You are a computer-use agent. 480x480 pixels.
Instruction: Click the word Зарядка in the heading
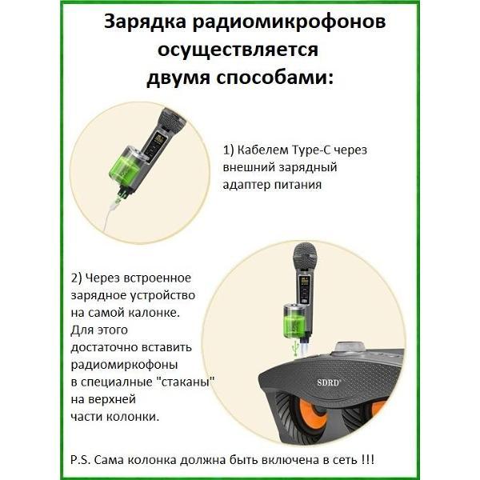[145, 22]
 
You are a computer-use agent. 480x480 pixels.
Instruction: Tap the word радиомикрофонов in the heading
[290, 22]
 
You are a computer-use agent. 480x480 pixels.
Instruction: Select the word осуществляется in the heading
[238, 50]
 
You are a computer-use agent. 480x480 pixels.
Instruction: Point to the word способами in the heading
[275, 78]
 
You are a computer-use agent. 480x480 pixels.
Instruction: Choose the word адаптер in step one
[246, 186]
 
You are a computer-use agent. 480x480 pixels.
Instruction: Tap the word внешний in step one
[248, 167]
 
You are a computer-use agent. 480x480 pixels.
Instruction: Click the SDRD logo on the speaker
[328, 382]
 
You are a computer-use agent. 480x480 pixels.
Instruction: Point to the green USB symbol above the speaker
[296, 348]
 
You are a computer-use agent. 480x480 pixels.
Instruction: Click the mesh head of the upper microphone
[172, 119]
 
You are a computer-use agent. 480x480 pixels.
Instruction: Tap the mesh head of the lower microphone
[305, 254]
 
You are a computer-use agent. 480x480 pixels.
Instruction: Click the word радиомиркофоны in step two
[125, 366]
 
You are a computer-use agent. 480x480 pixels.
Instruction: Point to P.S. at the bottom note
[81, 460]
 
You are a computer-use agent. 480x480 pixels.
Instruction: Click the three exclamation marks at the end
[367, 460]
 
